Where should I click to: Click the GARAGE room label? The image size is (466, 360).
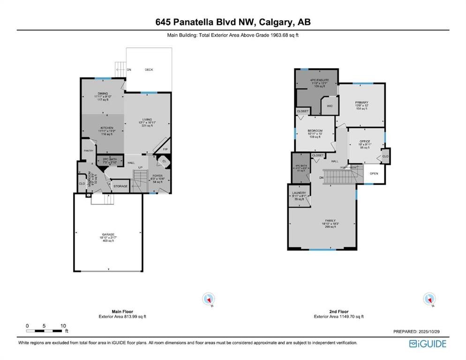[x=108, y=234]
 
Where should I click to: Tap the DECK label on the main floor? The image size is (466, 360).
[x=149, y=70]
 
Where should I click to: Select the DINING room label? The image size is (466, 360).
[x=103, y=93]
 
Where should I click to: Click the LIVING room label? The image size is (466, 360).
[x=147, y=120]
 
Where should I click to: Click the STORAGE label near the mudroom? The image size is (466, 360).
[x=120, y=186]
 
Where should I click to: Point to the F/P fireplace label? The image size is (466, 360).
[x=165, y=150]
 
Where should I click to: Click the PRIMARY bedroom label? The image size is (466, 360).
[x=361, y=103]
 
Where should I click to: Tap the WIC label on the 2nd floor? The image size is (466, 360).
[x=330, y=106]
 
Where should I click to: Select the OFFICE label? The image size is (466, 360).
[x=365, y=141]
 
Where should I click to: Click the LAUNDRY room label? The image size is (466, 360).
[x=299, y=193]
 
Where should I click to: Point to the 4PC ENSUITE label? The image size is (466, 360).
[x=320, y=80]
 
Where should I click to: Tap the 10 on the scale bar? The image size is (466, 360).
[x=63, y=325]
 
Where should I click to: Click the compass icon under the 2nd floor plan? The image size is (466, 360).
[x=428, y=299]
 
